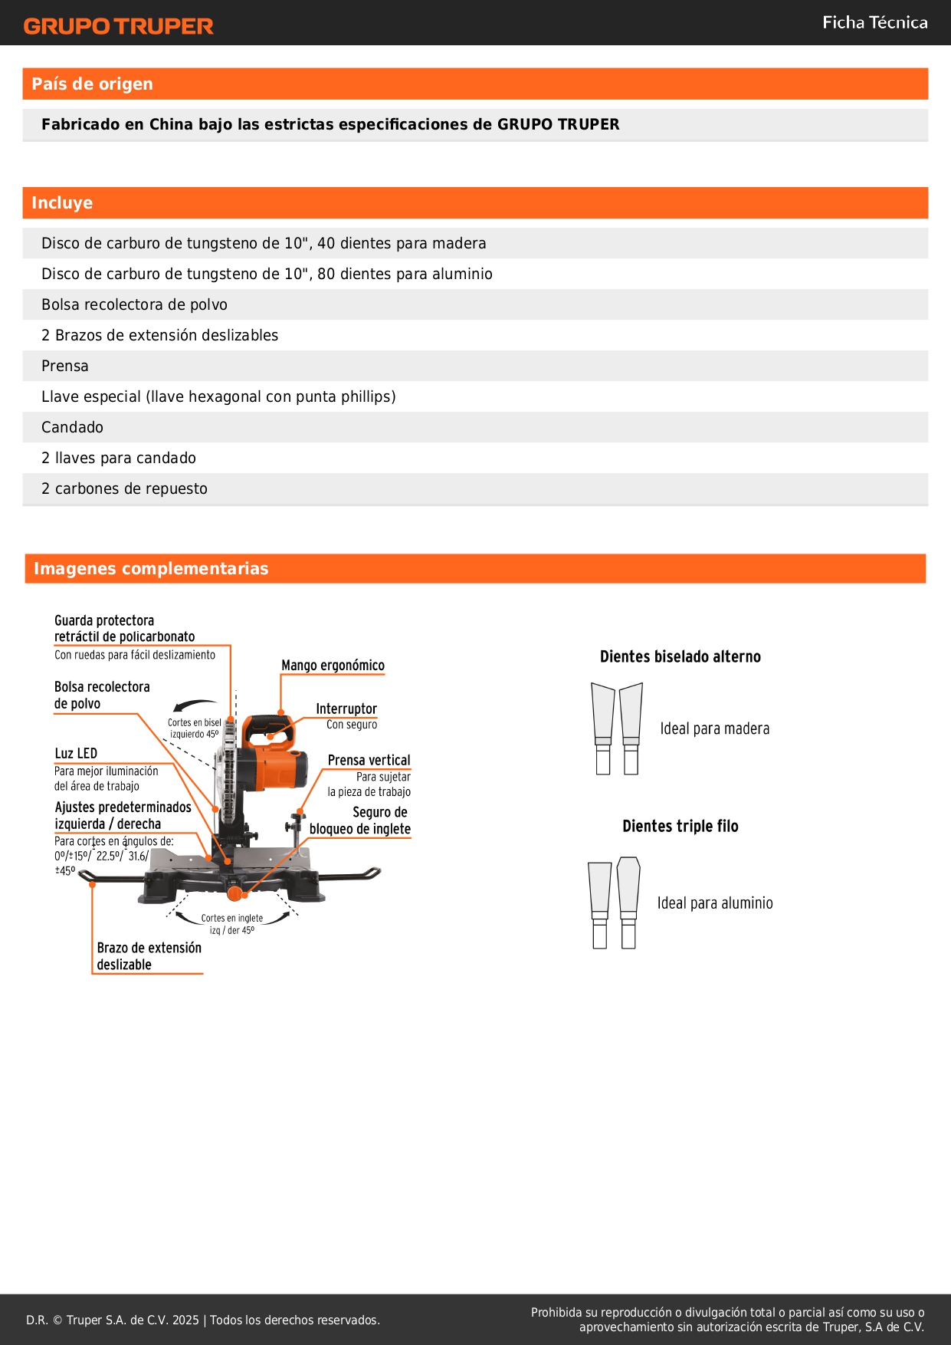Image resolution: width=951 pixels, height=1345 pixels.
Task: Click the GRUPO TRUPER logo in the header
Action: click(x=118, y=26)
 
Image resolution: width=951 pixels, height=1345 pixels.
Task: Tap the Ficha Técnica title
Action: click(x=874, y=22)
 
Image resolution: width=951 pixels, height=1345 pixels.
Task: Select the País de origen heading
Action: click(x=92, y=84)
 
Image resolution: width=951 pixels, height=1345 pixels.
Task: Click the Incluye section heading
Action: click(x=62, y=202)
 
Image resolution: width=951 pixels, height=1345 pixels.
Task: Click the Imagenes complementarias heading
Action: click(x=151, y=568)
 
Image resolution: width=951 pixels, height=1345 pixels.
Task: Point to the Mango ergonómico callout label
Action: click(x=333, y=665)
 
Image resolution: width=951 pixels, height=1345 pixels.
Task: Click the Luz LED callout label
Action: click(x=76, y=753)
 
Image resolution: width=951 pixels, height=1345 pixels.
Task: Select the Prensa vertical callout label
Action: click(x=369, y=760)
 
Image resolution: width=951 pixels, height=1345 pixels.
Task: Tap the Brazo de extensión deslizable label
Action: click(x=149, y=956)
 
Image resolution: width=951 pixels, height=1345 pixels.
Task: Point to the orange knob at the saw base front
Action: click(x=234, y=893)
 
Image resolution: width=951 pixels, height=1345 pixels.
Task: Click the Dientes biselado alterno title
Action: click(x=680, y=656)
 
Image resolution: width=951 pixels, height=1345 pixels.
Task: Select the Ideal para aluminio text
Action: click(x=714, y=903)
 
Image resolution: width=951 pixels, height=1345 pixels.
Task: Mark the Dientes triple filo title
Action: click(x=680, y=826)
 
